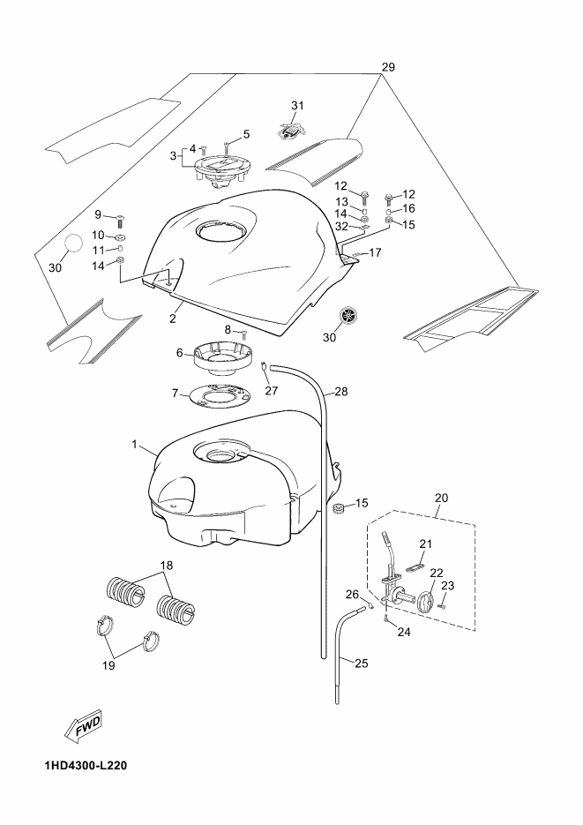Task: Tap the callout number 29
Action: (388, 67)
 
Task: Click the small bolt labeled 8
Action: (243, 333)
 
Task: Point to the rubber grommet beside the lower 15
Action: (340, 507)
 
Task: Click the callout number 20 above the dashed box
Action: (442, 498)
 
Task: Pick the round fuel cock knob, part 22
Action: (427, 602)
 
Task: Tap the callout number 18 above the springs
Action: (167, 565)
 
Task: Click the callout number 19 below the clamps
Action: (108, 665)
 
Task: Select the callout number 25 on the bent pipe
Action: (361, 663)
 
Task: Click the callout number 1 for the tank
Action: (135, 445)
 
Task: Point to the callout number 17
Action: (375, 253)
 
